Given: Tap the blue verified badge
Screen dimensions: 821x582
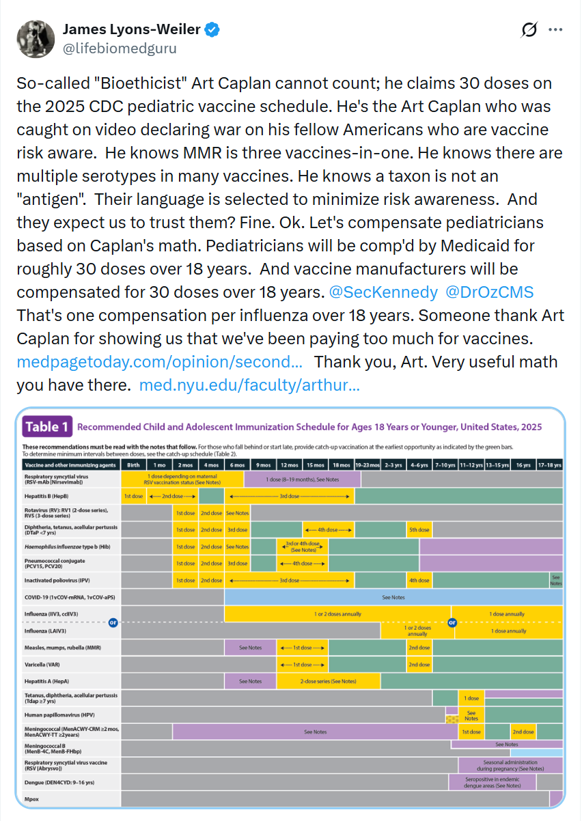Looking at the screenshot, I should [x=213, y=30].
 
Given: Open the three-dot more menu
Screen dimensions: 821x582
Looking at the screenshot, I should [x=555, y=30].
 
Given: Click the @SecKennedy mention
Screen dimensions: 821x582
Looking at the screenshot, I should [x=383, y=292].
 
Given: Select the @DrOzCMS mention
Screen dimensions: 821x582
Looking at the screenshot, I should [x=489, y=292].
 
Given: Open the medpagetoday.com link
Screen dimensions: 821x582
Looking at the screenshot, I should [x=159, y=361].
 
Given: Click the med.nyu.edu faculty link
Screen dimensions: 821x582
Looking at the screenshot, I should [x=249, y=385].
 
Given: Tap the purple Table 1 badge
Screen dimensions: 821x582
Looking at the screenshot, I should [x=47, y=428].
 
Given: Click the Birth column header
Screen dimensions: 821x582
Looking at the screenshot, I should [x=133, y=464].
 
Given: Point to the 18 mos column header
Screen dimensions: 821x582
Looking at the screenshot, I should [x=341, y=464].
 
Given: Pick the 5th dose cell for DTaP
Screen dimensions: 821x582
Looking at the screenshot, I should [x=419, y=529].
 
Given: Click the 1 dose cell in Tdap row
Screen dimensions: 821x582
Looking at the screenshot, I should [x=471, y=698].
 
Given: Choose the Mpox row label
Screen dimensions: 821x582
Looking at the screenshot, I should [x=31, y=798].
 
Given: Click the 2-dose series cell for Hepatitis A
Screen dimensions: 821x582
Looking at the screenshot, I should [x=327, y=681].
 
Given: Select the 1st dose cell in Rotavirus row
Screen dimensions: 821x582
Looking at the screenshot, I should [x=185, y=512].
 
